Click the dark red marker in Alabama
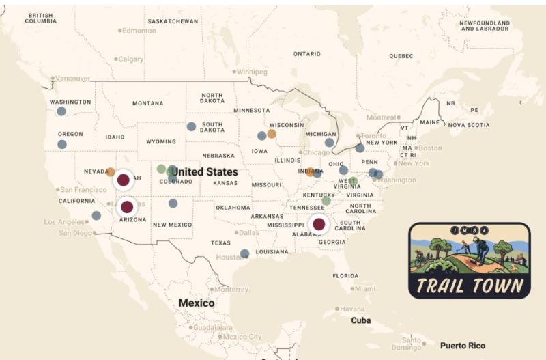[319, 224]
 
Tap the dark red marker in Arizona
[127, 206]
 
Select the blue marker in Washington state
[61, 111]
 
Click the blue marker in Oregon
[62, 144]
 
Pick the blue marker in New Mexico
[173, 203]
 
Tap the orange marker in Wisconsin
[272, 134]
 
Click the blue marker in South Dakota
[191, 126]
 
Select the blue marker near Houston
[245, 253]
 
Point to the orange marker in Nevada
[111, 171]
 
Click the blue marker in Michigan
[329, 143]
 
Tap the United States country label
[204, 171]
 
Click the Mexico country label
[197, 303]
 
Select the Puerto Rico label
[463, 346]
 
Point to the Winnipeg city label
[253, 72]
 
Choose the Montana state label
[147, 103]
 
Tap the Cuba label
[360, 320]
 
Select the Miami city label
[364, 289]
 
